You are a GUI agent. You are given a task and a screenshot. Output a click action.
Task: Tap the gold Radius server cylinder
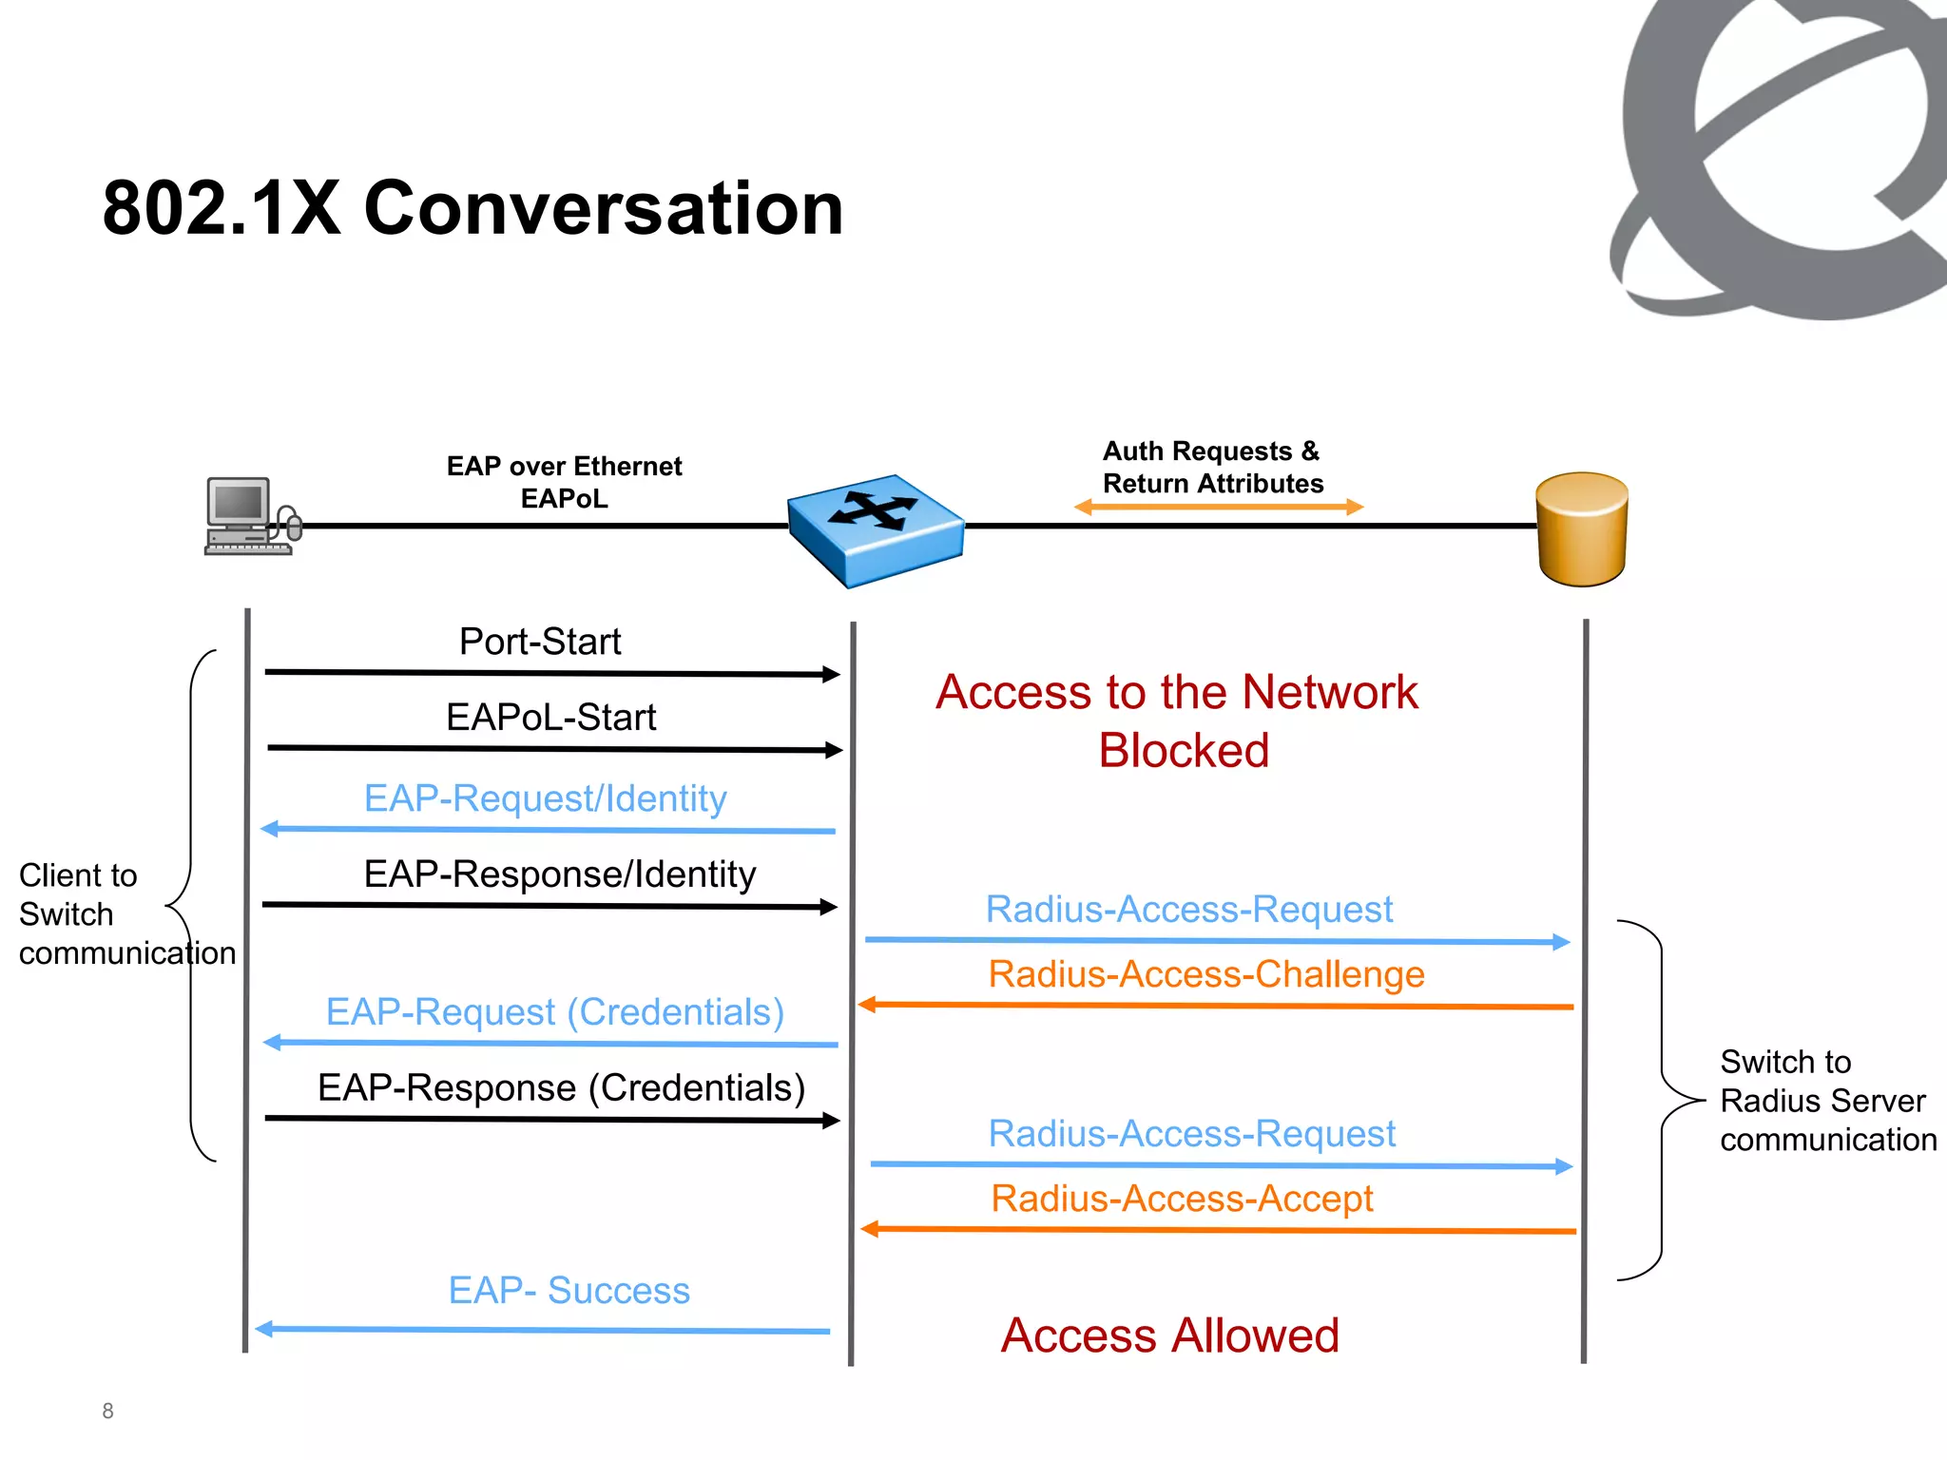click(x=1582, y=528)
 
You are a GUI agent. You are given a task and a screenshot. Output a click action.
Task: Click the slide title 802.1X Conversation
click(x=472, y=208)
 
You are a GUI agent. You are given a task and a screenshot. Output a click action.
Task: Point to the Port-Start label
click(x=539, y=642)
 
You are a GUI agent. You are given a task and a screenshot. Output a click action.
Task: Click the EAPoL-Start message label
click(x=550, y=717)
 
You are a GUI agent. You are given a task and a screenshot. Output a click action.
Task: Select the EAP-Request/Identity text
click(x=545, y=798)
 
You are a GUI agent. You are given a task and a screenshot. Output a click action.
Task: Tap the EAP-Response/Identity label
click(x=559, y=874)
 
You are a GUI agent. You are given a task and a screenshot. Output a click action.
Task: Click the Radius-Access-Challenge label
click(x=1205, y=974)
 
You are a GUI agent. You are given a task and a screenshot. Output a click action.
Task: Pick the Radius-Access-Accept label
click(x=1182, y=1199)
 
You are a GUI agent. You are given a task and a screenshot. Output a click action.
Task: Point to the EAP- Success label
click(x=569, y=1290)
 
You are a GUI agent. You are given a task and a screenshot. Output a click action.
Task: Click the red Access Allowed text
click(x=1169, y=1335)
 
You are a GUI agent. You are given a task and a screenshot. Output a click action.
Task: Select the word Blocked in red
click(x=1183, y=750)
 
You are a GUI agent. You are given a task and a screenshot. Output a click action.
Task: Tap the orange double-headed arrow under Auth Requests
click(x=1218, y=508)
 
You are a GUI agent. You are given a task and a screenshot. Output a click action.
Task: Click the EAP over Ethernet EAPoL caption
click(x=564, y=482)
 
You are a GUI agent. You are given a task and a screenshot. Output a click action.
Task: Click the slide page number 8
click(x=107, y=1411)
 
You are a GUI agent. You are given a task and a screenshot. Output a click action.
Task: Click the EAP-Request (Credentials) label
click(x=554, y=1012)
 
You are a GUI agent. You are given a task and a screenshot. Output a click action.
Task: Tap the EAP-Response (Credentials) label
click(x=561, y=1087)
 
